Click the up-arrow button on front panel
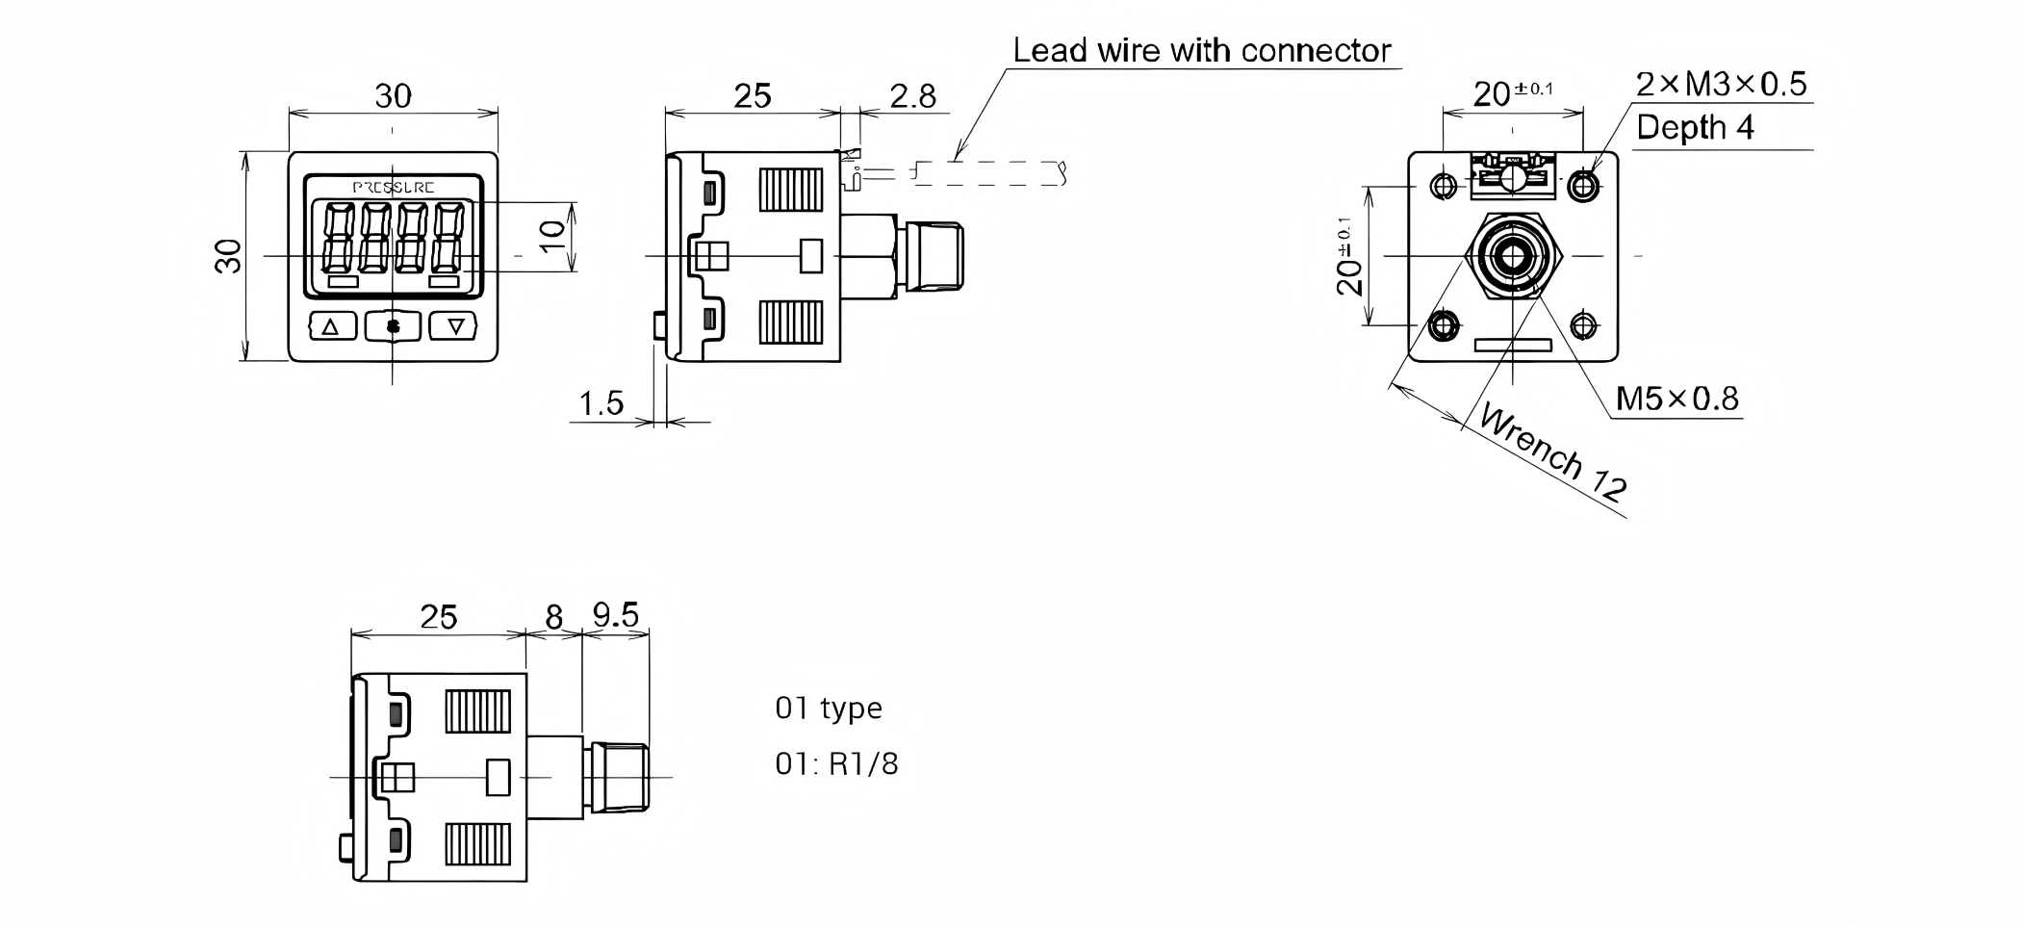coord(332,326)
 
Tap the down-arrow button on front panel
coord(455,326)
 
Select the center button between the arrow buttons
coord(393,326)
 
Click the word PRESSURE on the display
coord(393,188)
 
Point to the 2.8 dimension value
coord(912,95)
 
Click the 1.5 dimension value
coord(601,403)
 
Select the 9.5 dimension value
coord(616,614)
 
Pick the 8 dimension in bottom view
coord(553,617)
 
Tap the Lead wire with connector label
coord(1201,50)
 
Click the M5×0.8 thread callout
coord(1676,398)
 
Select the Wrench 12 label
coord(1551,452)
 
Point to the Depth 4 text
coord(1695,127)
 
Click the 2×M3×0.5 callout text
coord(1721,85)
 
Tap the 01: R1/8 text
coord(836,763)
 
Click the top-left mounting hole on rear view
coord(1444,184)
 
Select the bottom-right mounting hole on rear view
coord(1583,325)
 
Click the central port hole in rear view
coord(1513,256)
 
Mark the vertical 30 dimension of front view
coord(229,256)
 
